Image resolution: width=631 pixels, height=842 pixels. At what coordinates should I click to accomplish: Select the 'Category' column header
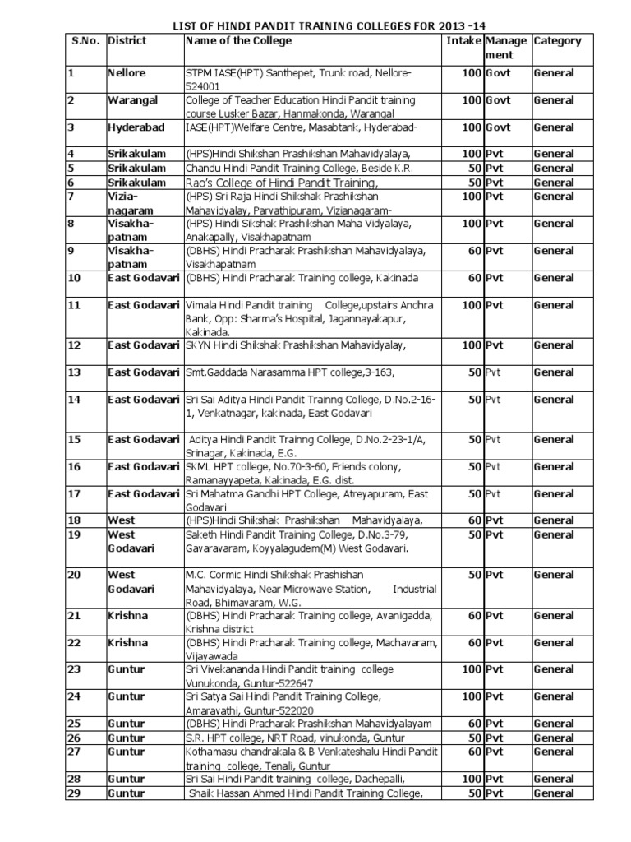tap(557, 40)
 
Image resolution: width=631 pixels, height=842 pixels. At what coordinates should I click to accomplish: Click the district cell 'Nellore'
tap(127, 73)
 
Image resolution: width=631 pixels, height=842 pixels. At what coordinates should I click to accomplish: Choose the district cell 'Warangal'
tap(131, 100)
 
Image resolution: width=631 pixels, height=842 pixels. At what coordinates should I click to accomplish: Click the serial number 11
tap(73, 305)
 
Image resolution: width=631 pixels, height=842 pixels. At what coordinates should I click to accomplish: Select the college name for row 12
tap(303, 345)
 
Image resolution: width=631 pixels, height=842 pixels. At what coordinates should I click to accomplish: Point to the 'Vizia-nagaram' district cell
tap(126, 203)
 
